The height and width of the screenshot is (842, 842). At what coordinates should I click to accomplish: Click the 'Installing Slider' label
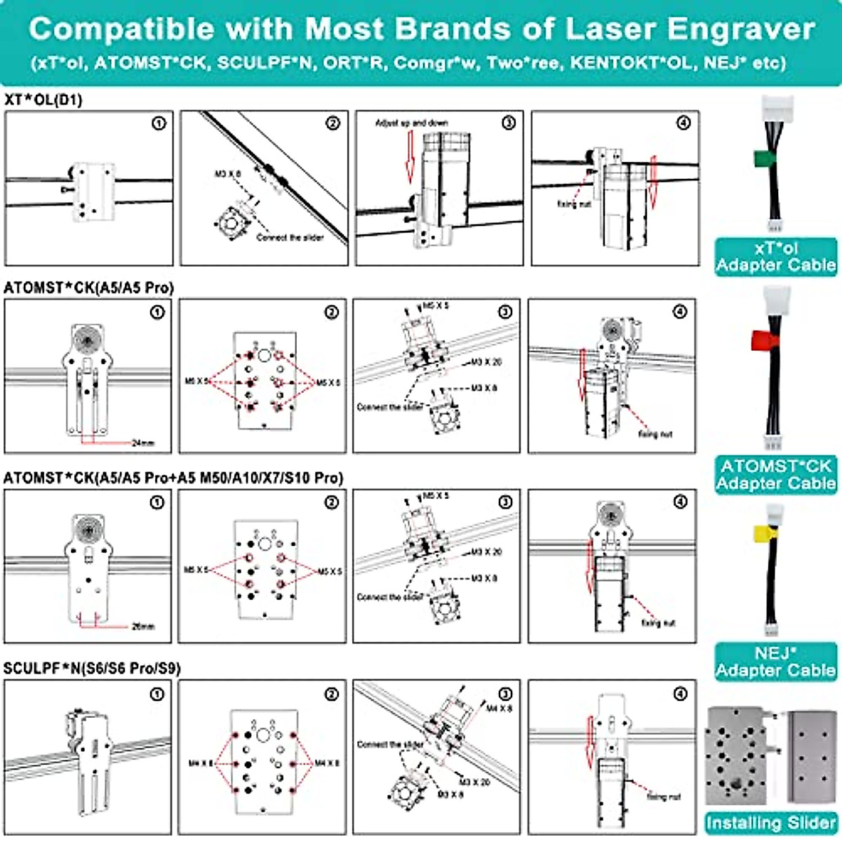tap(770, 823)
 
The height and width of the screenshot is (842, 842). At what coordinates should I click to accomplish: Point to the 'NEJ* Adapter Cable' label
tap(775, 662)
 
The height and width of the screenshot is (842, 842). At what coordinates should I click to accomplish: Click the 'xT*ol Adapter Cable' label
tap(775, 256)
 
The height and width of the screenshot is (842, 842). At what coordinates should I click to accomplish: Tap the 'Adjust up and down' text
tap(411, 123)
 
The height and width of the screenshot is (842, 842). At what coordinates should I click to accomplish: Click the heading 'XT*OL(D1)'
tap(43, 100)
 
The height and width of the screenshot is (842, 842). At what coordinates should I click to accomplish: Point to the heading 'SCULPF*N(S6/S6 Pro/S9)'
tap(92, 668)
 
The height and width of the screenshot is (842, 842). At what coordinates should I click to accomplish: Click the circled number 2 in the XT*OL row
tap(333, 123)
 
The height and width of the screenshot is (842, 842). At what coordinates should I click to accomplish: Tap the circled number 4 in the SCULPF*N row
tap(680, 694)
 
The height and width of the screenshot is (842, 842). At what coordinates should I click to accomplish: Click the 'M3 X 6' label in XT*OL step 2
tap(227, 173)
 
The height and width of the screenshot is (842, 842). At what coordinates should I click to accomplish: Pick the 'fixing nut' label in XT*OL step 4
tap(574, 204)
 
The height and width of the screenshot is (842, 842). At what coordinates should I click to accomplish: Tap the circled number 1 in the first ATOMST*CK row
tap(157, 312)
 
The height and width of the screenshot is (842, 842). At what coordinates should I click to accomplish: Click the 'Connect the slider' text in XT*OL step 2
tap(290, 237)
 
